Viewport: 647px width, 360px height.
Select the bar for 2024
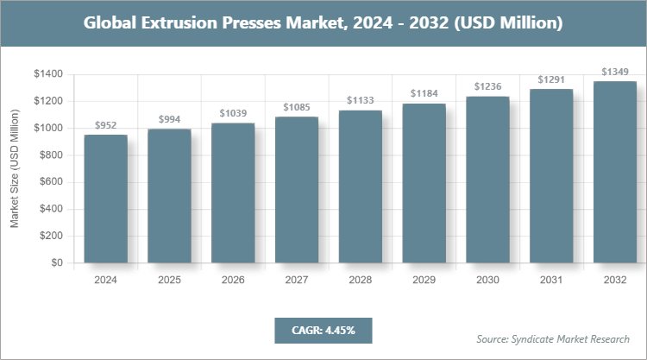coord(105,199)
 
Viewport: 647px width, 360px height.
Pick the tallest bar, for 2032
coord(615,172)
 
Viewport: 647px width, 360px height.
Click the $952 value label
coord(105,125)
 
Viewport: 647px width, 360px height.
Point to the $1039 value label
coord(233,113)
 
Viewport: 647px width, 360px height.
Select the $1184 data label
coord(424,93)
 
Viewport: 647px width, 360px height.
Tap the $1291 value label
coord(551,79)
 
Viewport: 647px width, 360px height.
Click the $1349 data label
coord(615,72)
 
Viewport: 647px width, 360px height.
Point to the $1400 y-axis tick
coord(47,74)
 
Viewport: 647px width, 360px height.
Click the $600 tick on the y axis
coord(50,181)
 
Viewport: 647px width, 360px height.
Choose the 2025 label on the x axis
coord(169,281)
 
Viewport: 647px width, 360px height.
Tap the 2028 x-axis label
coord(360,281)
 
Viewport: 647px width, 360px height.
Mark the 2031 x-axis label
coord(551,281)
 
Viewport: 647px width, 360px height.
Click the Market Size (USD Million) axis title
coord(15,168)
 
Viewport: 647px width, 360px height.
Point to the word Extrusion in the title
coord(192,23)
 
